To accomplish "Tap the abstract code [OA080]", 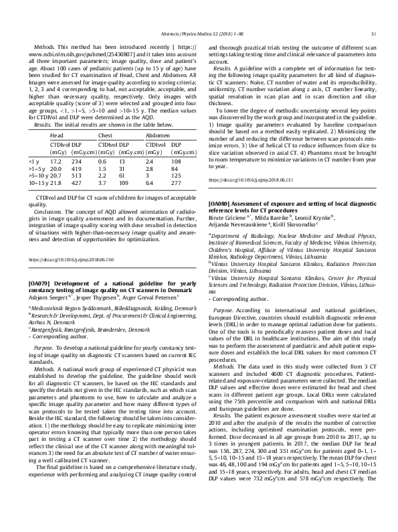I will click(x=222, y=202).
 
